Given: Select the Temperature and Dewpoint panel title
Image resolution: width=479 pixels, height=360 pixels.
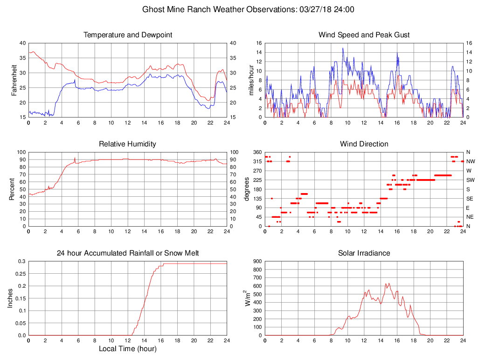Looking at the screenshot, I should point(127,35).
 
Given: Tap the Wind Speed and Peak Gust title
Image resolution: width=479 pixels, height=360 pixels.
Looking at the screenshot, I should point(364,35).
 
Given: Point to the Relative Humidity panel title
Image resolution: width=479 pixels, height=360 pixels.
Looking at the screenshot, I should point(127,144).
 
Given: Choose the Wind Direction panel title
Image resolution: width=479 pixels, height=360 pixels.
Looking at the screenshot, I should point(364,144).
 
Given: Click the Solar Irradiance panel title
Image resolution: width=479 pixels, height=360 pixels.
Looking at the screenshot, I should point(364,253).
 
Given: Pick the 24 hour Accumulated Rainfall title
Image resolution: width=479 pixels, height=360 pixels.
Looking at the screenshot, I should point(127,253).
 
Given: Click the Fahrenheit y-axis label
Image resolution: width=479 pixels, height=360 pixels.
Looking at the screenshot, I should point(14,80).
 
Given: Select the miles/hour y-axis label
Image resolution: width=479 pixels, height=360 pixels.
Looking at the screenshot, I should point(251,80).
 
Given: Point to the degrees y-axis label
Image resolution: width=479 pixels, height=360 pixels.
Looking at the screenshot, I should point(247,189).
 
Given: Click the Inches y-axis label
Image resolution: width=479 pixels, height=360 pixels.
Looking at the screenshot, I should point(10,298).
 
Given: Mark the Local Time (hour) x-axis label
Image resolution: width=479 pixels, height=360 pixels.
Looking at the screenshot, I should point(127,349).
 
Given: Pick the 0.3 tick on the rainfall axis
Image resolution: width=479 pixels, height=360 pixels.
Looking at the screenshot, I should point(21,262).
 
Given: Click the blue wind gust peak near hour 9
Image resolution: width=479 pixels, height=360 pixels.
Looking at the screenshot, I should point(343,48).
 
